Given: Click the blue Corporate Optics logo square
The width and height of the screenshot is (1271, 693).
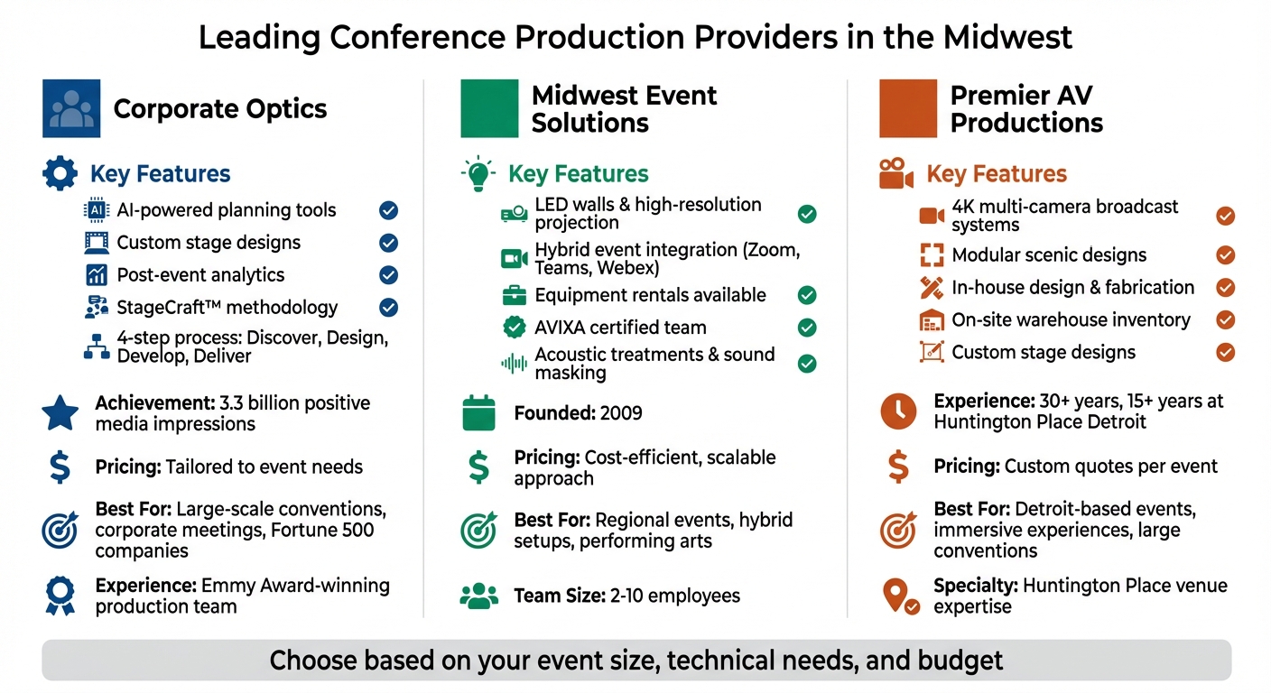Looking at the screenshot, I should pyautogui.click(x=71, y=108).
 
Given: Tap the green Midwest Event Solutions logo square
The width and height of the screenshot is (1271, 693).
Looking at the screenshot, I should pyautogui.click(x=489, y=108).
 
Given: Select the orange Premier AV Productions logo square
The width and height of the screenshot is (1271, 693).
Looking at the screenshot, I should pyautogui.click(x=908, y=108).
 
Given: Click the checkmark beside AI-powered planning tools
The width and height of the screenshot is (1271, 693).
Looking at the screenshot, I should pyautogui.click(x=388, y=210).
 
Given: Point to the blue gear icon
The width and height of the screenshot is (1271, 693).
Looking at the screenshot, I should pyautogui.click(x=60, y=173).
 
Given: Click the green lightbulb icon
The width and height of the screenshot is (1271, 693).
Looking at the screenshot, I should pyautogui.click(x=478, y=173).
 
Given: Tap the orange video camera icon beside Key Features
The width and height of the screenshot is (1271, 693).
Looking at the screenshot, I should pyautogui.click(x=896, y=173).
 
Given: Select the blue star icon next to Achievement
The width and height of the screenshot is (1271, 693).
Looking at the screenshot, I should pyautogui.click(x=60, y=413).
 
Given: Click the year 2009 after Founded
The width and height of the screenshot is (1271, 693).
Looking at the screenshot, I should pyautogui.click(x=620, y=413).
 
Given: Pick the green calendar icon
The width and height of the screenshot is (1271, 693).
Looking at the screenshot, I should pyautogui.click(x=478, y=413).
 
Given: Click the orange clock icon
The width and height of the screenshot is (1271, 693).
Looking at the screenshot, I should pyautogui.click(x=897, y=411).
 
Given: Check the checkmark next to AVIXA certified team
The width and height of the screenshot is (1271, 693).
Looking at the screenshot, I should pyautogui.click(x=807, y=328).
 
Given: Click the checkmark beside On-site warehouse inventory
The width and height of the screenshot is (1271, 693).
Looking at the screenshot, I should pyautogui.click(x=1225, y=319).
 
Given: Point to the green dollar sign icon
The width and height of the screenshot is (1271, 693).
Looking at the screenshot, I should pyautogui.click(x=478, y=467).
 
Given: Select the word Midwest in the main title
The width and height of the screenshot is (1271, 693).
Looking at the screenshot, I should pyautogui.click(x=1007, y=38).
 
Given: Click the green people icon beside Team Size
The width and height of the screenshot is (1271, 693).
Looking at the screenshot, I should pyautogui.click(x=478, y=596).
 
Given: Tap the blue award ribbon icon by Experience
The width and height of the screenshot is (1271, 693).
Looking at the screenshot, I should pyautogui.click(x=60, y=596).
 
